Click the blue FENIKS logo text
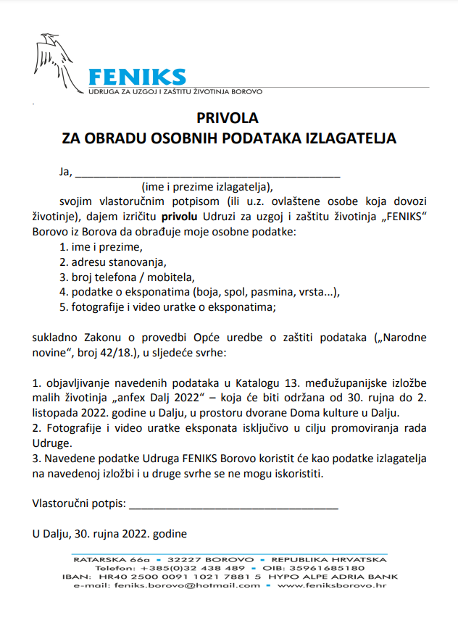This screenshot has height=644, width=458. pos(136,77)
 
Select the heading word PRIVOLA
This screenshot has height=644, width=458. pos(228,117)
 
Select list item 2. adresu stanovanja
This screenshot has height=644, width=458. pos(113,262)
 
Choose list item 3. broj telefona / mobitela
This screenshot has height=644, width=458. pos(128,277)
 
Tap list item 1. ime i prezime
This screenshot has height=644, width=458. pos(101,247)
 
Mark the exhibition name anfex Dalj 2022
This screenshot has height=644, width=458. pos(156,398)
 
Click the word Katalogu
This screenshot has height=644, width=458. pos(233,382)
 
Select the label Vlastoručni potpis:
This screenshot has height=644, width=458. pos(79,503)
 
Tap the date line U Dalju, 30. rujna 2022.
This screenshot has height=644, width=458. pos(109,534)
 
